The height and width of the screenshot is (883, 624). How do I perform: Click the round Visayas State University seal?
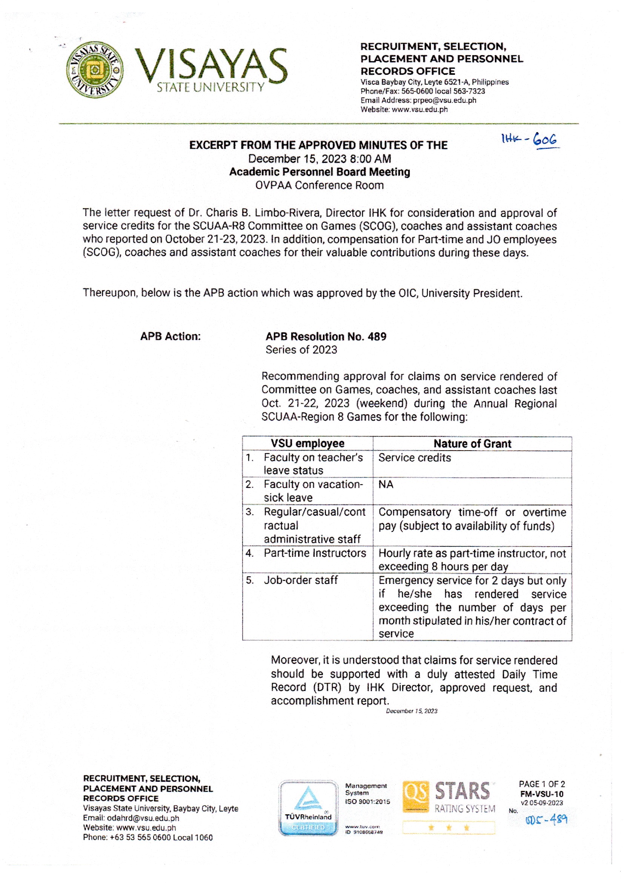point(95,70)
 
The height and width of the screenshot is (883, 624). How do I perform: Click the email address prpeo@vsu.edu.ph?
point(444,100)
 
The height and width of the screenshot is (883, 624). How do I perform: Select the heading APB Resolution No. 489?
point(326,337)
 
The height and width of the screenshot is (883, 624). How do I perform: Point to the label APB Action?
point(170,337)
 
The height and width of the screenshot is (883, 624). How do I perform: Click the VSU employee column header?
point(307,443)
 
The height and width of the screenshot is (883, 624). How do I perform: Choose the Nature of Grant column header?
point(472,444)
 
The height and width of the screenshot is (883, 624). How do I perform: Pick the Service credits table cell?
point(415,458)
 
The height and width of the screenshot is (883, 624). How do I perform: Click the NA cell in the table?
point(386,485)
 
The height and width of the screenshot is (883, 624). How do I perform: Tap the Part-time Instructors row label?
point(315,553)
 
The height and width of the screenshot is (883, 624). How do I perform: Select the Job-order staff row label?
point(300,580)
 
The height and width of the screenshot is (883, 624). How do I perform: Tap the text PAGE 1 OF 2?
point(541,784)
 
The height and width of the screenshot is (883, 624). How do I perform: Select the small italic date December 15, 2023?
point(412,711)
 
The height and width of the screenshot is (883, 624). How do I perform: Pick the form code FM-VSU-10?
point(541,794)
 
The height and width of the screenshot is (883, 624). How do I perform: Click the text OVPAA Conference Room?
point(319,185)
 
